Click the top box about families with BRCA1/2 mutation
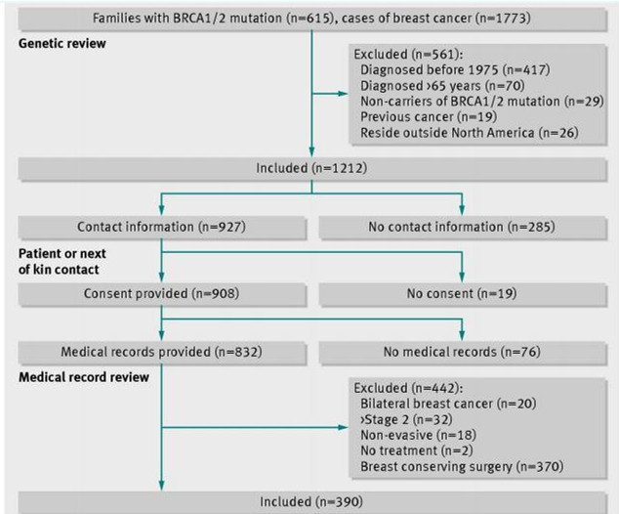311,19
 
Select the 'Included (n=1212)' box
311,169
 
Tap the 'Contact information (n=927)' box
162,227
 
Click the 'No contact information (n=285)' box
462,227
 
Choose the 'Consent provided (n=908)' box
162,294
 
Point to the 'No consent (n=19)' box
462,294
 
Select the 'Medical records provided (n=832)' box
162,353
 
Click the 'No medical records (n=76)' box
462,353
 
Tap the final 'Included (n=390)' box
311,502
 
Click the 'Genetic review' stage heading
62,43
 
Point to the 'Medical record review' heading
84,377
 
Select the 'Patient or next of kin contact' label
62,262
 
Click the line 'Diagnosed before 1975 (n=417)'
455,70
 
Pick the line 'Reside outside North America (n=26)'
470,133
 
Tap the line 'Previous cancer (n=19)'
429,117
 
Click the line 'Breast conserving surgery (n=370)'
462,466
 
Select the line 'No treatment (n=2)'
417,450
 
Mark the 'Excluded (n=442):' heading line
408,388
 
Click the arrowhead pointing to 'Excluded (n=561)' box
343,94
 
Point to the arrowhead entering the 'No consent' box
462,278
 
